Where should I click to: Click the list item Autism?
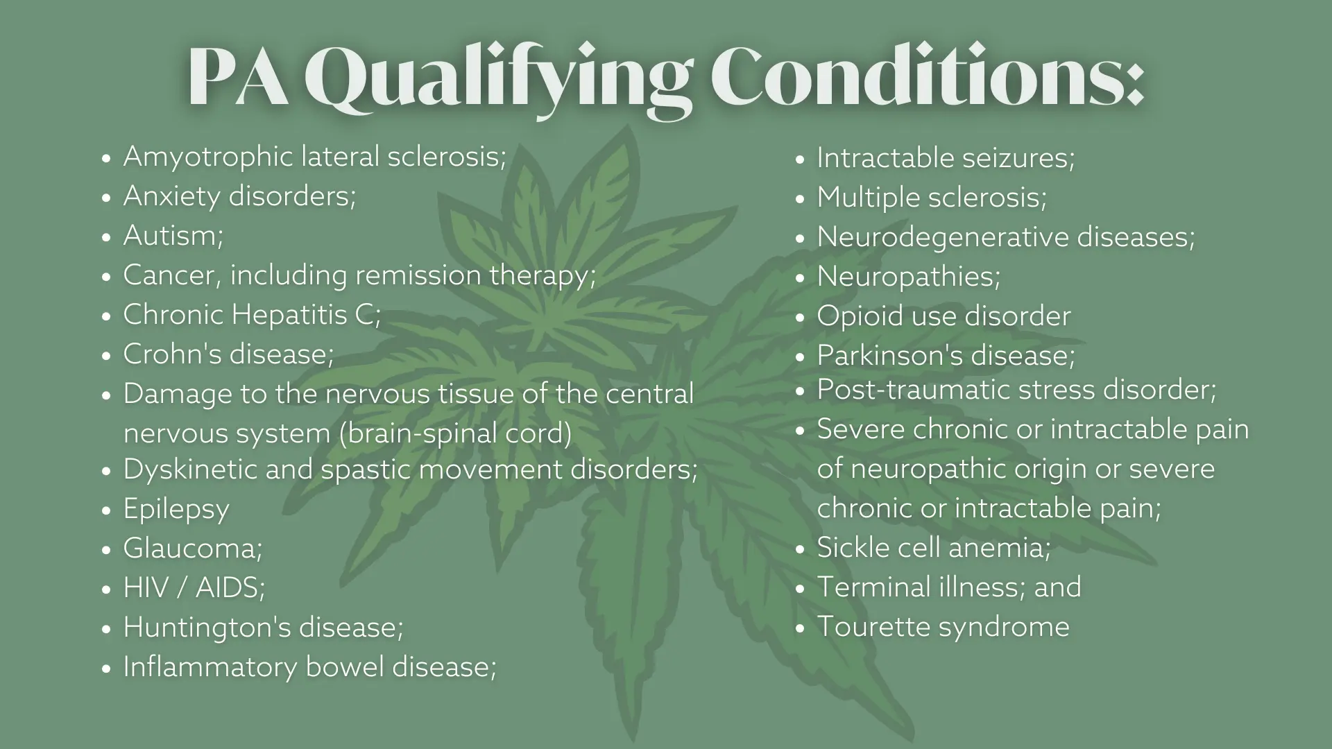tap(173, 236)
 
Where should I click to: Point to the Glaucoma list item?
tap(193, 549)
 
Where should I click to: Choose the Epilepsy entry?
tap(176, 510)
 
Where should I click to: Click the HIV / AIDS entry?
tap(194, 588)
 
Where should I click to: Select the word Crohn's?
tap(172, 354)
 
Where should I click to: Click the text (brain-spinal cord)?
tap(455, 433)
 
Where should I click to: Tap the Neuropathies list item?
tap(908, 277)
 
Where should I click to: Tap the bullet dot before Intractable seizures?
tap(800, 160)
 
